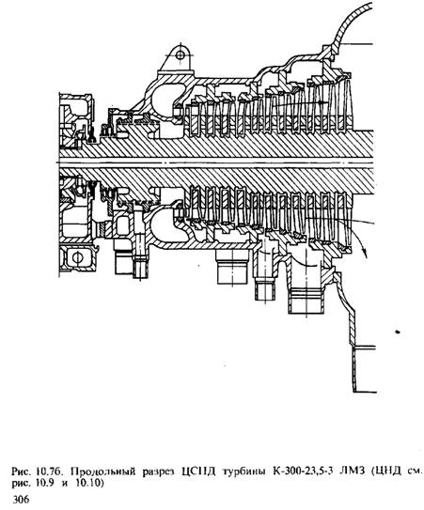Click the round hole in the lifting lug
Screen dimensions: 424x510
coord(180,55)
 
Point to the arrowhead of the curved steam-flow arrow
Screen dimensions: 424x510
coord(365,253)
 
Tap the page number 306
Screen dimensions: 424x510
coord(21,499)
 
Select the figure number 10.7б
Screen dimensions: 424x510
coord(49,471)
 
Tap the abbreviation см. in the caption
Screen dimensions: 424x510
coord(415,471)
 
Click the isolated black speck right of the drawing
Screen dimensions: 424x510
coord(398,332)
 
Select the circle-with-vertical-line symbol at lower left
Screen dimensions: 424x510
coord(77,258)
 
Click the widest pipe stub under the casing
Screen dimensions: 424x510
coord(233,267)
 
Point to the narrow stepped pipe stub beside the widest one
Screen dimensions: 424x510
coord(264,276)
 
